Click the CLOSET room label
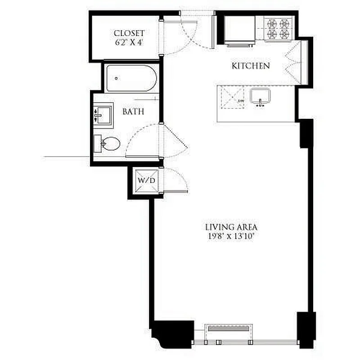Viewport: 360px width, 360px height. click(x=129, y=33)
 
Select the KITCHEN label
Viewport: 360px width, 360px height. click(x=251, y=66)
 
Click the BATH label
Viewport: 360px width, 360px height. click(x=133, y=111)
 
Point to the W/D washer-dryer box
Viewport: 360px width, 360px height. click(x=145, y=180)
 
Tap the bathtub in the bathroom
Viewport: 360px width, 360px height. click(x=131, y=79)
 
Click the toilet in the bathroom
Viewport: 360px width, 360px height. click(x=108, y=144)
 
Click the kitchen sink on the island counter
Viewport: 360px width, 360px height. click(x=260, y=96)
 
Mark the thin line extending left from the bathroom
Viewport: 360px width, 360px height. click(x=67, y=157)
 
